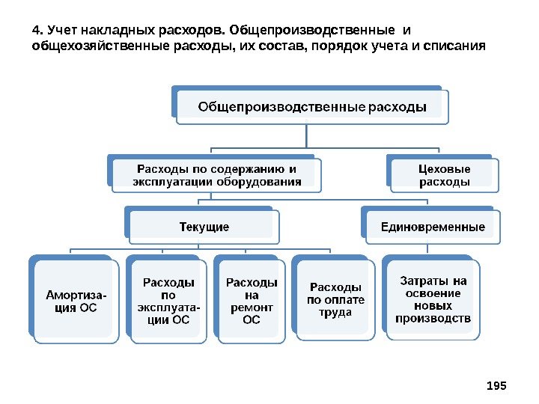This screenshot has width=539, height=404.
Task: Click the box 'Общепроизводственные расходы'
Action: [311, 107]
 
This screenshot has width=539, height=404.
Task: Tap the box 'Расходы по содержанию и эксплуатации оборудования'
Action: [217, 175]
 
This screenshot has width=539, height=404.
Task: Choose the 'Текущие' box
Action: [204, 227]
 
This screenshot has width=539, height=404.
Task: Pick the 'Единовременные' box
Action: [433, 227]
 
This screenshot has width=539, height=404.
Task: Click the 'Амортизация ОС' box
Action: [76, 301]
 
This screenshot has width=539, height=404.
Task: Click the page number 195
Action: [496, 385]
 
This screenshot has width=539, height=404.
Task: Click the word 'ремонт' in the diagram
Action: [252, 307]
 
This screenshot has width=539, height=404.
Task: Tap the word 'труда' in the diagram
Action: [335, 312]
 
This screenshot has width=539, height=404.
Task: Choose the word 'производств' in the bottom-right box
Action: [433, 318]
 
